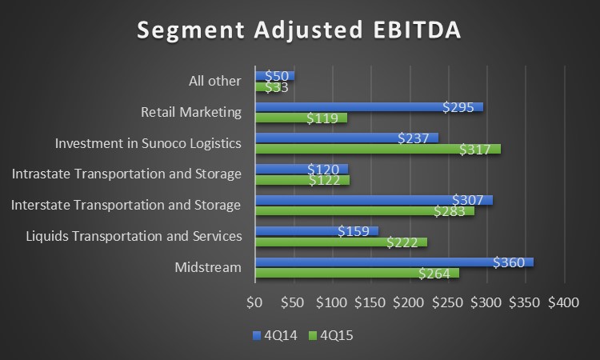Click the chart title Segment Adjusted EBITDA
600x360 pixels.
[299, 30]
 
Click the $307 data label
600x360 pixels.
[468, 200]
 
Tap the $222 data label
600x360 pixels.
[402, 242]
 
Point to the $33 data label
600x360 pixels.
[276, 87]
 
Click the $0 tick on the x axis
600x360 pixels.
[254, 303]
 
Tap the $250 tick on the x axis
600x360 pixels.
[448, 303]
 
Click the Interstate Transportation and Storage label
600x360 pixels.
[126, 206]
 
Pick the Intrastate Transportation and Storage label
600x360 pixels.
[126, 174]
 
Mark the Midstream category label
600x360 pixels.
[208, 267]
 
